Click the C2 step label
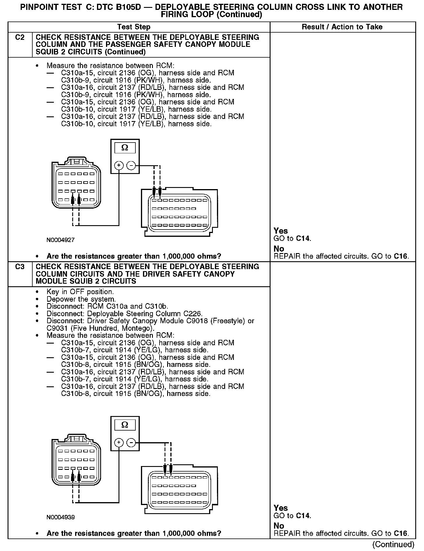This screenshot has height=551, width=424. [20, 38]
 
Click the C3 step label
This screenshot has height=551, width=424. [20, 267]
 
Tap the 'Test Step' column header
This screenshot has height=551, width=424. [134, 27]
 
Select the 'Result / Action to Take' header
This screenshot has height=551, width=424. [342, 27]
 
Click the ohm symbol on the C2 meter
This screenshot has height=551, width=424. [125, 148]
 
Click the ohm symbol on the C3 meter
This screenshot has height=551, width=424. [125, 425]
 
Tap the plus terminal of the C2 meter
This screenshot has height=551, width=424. [119, 166]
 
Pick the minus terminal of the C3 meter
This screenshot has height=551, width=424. [132, 443]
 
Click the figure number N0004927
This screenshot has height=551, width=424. [60, 240]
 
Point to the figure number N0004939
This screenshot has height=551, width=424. [60, 517]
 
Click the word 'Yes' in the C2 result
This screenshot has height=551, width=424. [281, 231]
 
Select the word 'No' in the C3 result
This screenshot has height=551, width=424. [279, 526]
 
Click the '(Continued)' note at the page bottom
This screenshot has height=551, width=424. [393, 544]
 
